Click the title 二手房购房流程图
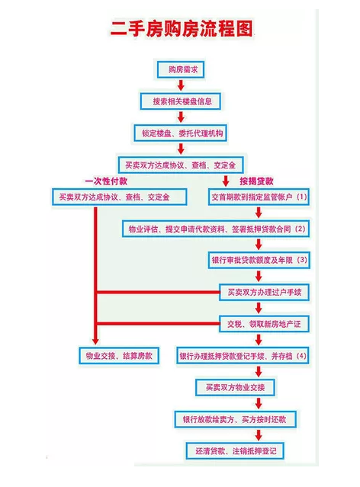coord(182,28)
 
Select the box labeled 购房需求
coord(181,69)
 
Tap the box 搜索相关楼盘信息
coord(181,101)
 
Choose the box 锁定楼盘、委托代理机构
coord(180,133)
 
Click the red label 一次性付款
coord(106,181)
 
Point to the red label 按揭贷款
coord(256,181)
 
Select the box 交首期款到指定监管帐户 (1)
coord(259,197)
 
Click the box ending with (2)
coord(216,229)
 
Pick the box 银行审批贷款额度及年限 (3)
coord(259,260)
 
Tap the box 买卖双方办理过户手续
coord(264,292)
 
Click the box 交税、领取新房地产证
coord(264,324)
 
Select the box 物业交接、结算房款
coord(119,356)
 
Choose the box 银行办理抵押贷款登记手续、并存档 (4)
coord(243,356)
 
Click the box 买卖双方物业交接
coord(235,387)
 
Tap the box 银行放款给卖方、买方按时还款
coord(235,419)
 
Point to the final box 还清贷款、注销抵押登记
coord(235,451)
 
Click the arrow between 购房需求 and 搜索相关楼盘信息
coord(181,85)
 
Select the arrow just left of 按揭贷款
coord(226,181)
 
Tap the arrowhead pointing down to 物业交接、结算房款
coord(96,341)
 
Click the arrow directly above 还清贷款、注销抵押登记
coord(259,435)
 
